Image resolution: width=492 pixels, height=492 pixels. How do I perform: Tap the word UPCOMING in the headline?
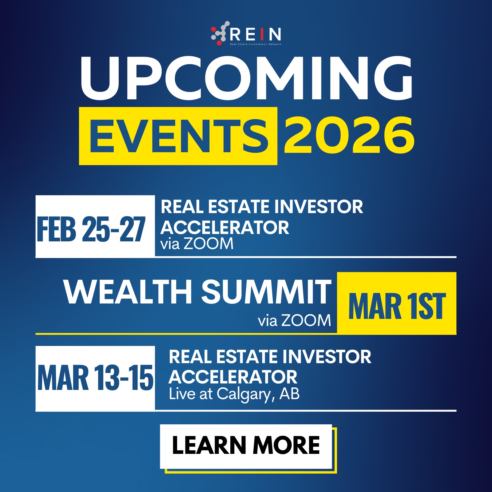[x=246, y=79]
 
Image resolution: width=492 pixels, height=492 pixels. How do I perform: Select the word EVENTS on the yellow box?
[x=178, y=136]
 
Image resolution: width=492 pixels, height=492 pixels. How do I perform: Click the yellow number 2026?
[x=349, y=135]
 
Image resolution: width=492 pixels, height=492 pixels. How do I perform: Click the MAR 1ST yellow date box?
[x=397, y=304]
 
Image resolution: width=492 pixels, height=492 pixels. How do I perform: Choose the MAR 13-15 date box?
[x=95, y=379]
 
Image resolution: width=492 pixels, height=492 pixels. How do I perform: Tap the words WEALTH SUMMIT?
[x=197, y=292]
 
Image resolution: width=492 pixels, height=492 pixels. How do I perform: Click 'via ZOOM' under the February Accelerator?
[x=197, y=244]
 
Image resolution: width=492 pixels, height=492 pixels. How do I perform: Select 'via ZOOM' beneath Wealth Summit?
[x=294, y=320]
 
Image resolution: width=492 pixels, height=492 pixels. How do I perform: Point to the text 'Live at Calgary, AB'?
[x=234, y=394]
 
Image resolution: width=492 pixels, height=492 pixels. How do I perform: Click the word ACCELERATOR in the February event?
[x=225, y=228]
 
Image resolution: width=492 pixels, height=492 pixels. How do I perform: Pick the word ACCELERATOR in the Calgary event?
[x=233, y=377]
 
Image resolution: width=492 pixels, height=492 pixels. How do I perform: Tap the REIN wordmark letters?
[x=255, y=34]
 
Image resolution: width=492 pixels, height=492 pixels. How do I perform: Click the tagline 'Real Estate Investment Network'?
[x=256, y=44]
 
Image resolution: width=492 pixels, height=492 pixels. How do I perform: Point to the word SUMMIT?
[x=266, y=292]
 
